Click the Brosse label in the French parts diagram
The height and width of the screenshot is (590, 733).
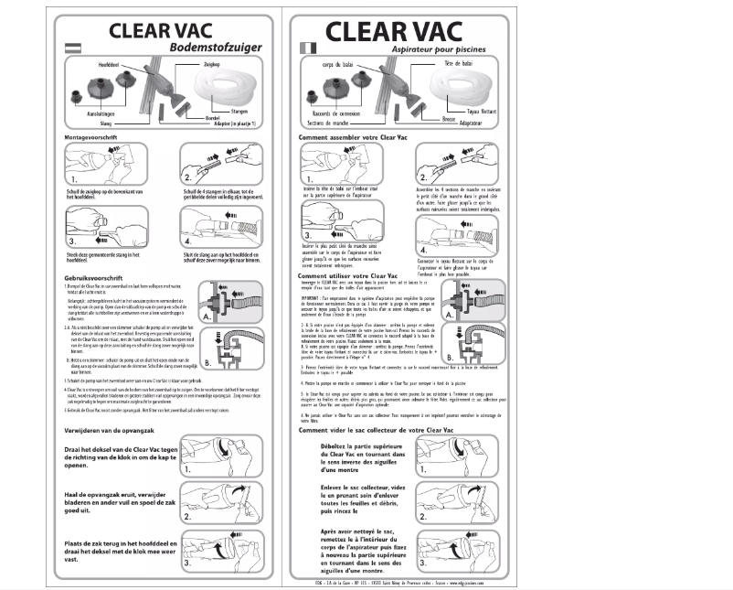tap(448, 118)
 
